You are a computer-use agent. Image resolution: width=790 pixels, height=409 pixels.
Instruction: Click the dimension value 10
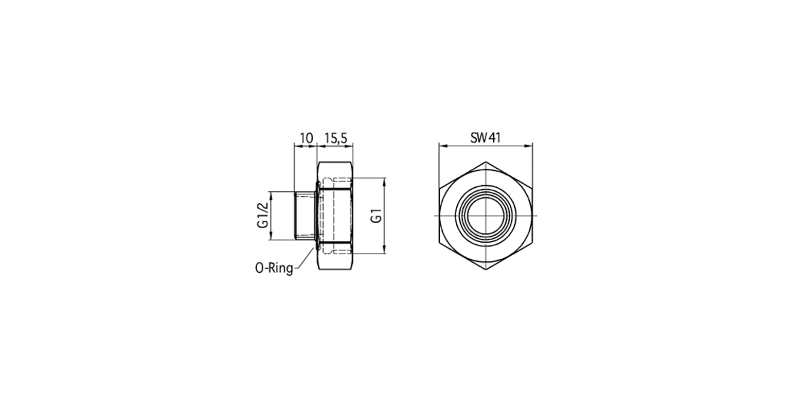click(306, 138)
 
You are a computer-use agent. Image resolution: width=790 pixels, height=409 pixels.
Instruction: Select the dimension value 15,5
click(336, 138)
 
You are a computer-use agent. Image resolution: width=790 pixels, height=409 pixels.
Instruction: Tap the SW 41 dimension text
click(485, 138)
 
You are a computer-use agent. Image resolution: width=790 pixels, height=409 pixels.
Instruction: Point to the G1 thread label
click(377, 216)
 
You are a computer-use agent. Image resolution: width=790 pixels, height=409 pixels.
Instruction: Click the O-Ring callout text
click(274, 268)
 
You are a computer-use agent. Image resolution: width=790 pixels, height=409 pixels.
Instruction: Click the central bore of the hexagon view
click(486, 215)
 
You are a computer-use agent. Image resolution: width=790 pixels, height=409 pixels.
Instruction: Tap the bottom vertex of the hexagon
click(486, 270)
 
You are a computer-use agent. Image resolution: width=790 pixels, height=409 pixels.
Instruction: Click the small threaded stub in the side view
click(306, 215)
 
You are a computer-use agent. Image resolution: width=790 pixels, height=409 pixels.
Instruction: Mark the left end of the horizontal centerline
click(435, 215)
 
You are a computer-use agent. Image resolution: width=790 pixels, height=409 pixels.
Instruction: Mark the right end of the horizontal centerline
click(536, 215)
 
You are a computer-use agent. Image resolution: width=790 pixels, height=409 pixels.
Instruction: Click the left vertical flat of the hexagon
click(439, 215)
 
